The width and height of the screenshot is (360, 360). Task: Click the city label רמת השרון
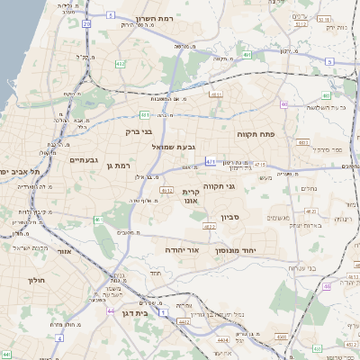tap(160, 18)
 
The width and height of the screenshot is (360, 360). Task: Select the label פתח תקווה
tap(255, 133)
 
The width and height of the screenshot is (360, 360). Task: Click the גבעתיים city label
tap(84, 158)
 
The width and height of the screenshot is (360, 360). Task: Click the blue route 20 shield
tap(87, 24)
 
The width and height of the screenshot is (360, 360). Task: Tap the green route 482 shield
tap(120, 64)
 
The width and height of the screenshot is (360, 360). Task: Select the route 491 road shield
tap(247, 55)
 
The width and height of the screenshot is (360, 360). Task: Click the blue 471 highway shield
tap(210, 162)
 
